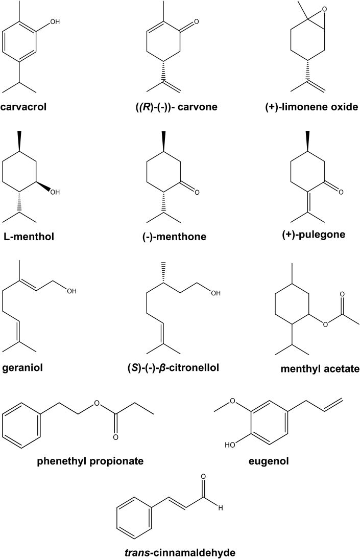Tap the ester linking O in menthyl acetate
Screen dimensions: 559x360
coord(325,323)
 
